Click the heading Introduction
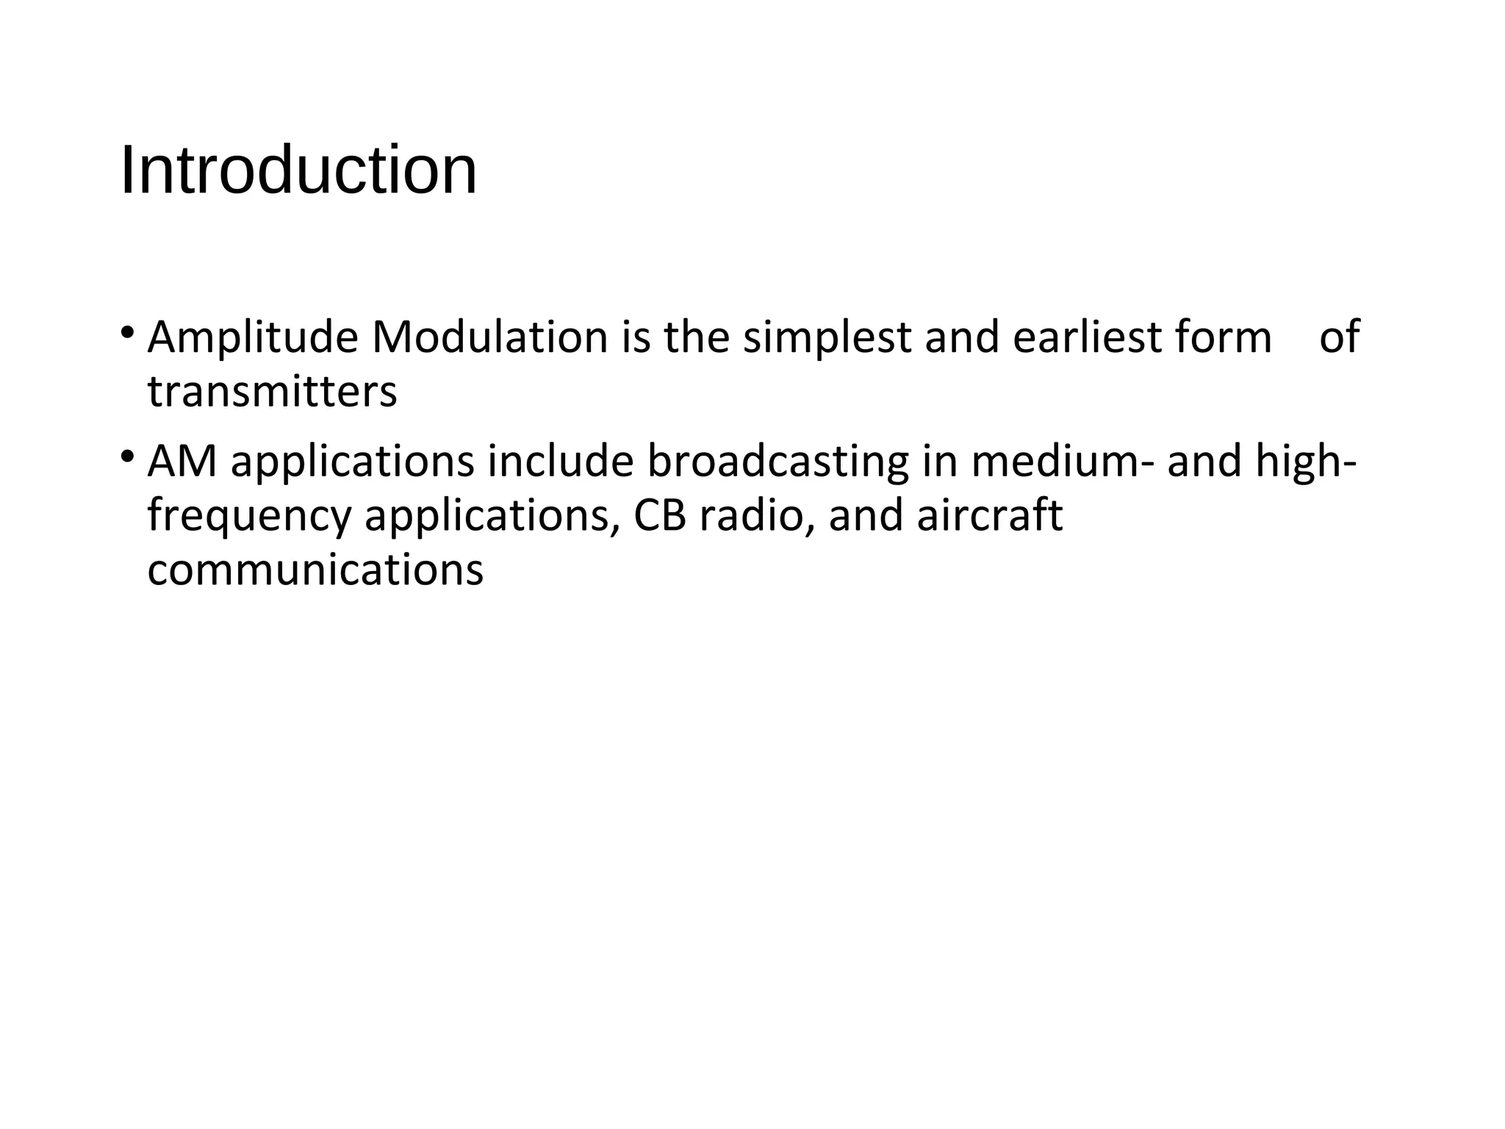298,171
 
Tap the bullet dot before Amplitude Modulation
127,334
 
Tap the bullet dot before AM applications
127,457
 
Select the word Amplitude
253,338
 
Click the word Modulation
490,338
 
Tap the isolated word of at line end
1339,338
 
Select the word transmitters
272,392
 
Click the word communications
315,570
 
